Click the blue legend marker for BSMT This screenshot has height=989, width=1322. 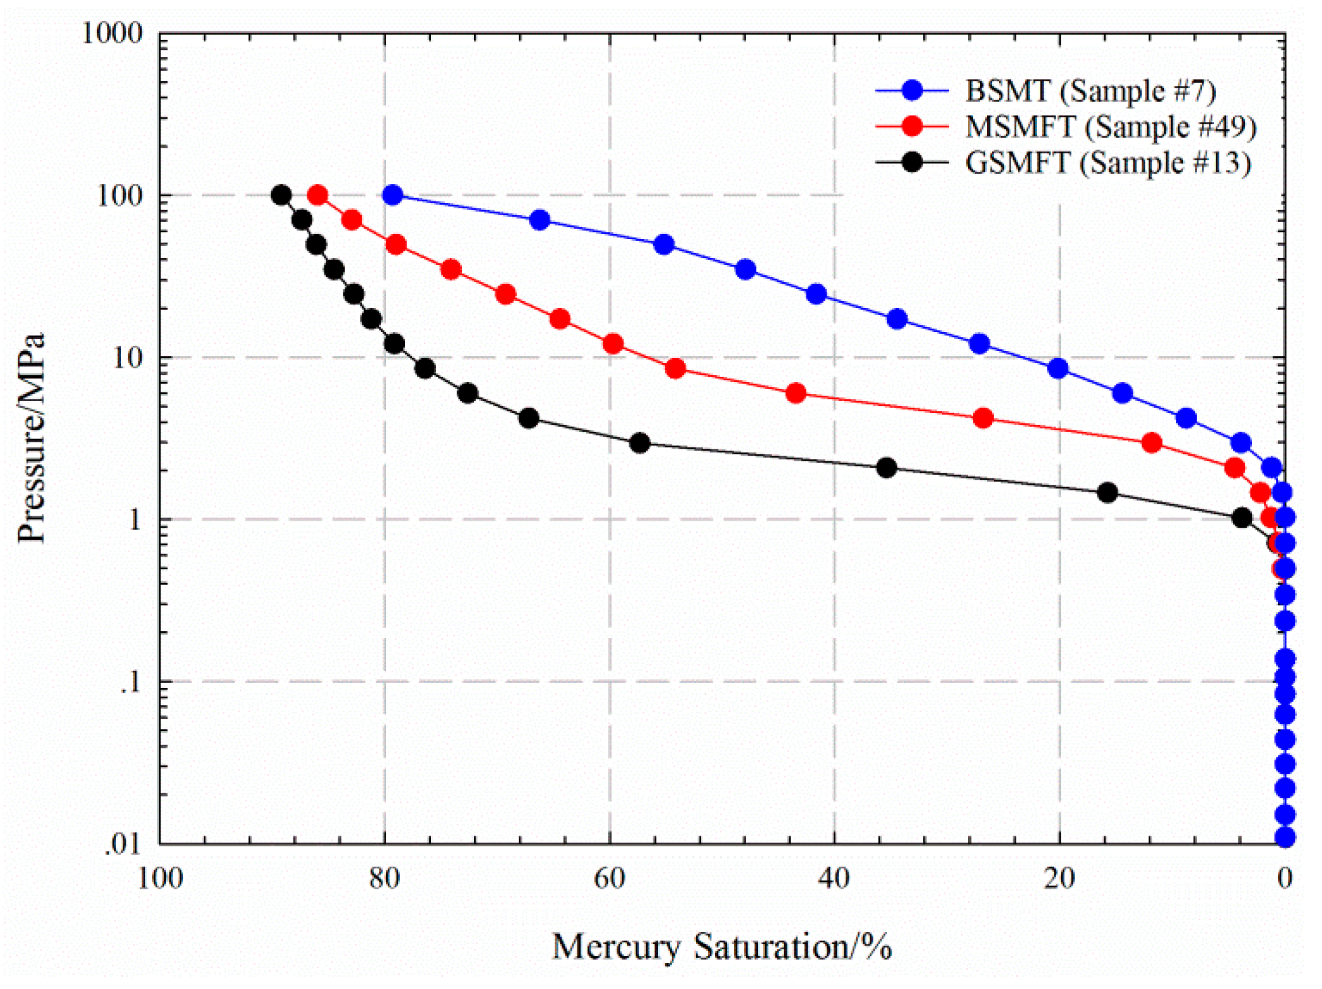click(912, 90)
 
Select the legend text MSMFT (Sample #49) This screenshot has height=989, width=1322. click(1111, 127)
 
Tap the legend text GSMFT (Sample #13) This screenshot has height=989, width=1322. click(1108, 163)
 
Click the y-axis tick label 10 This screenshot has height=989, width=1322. click(127, 358)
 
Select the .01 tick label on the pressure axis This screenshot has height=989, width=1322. click(124, 844)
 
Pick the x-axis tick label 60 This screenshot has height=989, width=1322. click(609, 878)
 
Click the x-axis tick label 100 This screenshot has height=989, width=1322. click(160, 878)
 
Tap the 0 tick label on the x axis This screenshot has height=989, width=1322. click(1285, 878)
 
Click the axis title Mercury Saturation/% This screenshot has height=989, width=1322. click(722, 947)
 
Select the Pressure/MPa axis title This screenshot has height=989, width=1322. click(32, 438)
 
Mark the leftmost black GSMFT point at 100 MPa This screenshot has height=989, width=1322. click(281, 195)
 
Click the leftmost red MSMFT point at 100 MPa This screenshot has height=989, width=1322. click(318, 195)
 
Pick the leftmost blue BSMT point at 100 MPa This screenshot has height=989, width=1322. click(392, 195)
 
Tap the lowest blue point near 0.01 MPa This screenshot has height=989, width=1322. click(1285, 838)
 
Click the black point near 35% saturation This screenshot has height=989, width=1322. click(887, 468)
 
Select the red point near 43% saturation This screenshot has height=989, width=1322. click(796, 393)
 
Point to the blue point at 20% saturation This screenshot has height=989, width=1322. click(1058, 368)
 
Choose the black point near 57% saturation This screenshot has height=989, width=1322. click(640, 443)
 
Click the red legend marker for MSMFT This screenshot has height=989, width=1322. click(912, 126)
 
